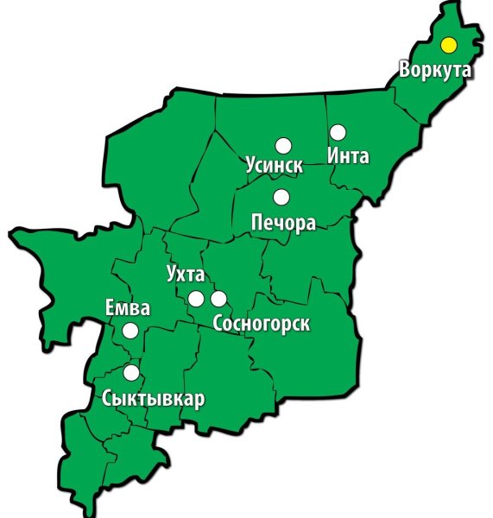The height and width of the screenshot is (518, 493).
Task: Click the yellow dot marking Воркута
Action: (x=448, y=45)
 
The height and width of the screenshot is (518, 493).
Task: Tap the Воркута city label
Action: (x=436, y=70)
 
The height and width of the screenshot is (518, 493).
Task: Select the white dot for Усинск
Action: (x=282, y=145)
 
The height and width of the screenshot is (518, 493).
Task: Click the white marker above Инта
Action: (x=338, y=132)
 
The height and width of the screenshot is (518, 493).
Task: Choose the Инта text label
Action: (x=349, y=156)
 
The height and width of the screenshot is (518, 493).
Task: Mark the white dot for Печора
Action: (x=281, y=196)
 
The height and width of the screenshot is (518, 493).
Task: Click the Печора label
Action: (x=283, y=222)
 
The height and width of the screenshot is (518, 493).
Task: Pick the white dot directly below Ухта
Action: (x=196, y=299)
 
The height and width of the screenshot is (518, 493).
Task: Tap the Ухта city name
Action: (x=185, y=276)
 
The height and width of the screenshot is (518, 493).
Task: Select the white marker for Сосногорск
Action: (x=218, y=299)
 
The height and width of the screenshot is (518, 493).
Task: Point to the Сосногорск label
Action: (x=260, y=324)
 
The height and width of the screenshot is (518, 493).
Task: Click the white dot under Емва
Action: (x=130, y=330)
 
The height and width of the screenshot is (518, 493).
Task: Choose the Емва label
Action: (x=127, y=308)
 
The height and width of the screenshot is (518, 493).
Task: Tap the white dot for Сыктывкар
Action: (x=131, y=373)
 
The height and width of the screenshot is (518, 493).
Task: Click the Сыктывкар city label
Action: (x=153, y=399)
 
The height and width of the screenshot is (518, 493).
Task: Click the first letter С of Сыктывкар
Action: (x=108, y=399)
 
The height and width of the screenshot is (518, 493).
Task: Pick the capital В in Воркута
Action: (x=406, y=70)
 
